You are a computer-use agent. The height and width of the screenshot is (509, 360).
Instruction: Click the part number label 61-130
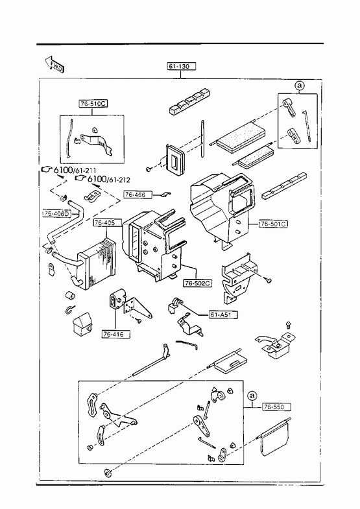point(182,67)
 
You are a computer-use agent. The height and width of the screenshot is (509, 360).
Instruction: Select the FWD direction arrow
point(54,64)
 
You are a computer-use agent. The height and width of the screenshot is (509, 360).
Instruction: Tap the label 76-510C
point(93,104)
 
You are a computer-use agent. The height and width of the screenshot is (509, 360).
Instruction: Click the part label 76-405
point(108,222)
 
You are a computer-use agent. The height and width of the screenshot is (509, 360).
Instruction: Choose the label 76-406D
point(56,213)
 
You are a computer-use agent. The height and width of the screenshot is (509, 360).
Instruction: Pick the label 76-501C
point(273,224)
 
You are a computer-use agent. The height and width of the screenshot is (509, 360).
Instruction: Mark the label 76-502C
point(198,283)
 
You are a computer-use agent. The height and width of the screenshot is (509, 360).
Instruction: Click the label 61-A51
point(223,314)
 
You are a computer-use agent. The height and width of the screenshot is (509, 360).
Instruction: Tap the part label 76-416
point(117,334)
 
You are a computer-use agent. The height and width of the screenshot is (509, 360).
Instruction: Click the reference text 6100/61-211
point(70,169)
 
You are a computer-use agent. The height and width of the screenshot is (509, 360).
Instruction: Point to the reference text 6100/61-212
point(102,179)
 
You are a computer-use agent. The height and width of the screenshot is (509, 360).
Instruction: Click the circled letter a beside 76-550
point(252,396)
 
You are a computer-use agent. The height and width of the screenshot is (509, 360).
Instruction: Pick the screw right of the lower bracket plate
point(268,279)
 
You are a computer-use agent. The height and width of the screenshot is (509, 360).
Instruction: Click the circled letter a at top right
point(300,86)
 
